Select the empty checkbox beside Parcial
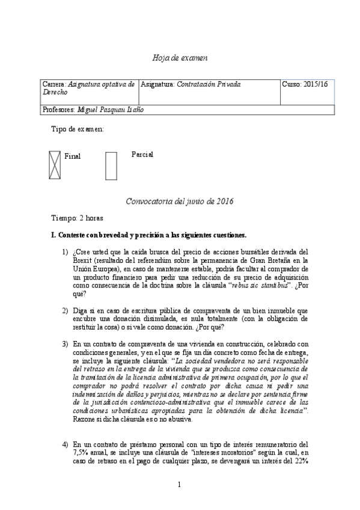(x=111, y=165)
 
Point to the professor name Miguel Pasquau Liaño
(x=111, y=110)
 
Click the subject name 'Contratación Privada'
(x=209, y=85)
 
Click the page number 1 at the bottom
(x=180, y=484)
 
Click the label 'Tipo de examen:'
(x=78, y=129)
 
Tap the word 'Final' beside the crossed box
(x=72, y=156)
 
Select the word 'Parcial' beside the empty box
(x=142, y=155)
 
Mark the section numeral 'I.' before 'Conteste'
(x=53, y=235)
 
